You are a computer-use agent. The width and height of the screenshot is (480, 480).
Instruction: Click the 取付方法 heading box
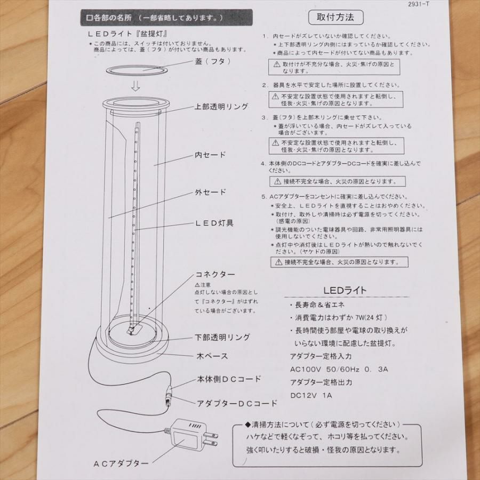click(x=336, y=17)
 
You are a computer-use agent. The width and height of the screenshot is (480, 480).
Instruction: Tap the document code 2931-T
click(x=419, y=4)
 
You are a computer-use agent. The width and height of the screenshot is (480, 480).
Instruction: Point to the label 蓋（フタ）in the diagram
click(x=213, y=61)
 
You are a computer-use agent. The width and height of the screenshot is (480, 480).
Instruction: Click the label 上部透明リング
click(x=221, y=107)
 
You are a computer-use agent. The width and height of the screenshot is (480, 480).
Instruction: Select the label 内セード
click(x=210, y=155)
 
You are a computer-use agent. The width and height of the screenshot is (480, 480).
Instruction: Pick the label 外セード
click(x=210, y=192)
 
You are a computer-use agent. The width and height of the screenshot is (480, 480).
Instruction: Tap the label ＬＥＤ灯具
click(x=214, y=223)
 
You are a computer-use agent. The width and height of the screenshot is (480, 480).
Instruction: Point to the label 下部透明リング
click(x=222, y=338)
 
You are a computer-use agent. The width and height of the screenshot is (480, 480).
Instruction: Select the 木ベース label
click(x=212, y=356)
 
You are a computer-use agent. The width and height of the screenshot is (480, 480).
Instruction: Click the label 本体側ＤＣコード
click(x=229, y=379)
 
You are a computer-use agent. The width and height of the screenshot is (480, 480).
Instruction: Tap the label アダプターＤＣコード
click(x=237, y=404)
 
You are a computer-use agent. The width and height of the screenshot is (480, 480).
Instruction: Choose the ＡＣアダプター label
click(x=121, y=463)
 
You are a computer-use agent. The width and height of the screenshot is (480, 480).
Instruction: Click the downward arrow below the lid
click(x=135, y=86)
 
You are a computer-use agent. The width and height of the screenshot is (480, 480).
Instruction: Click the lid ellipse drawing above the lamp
click(x=137, y=70)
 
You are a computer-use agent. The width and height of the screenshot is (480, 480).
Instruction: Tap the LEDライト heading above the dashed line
click(x=345, y=290)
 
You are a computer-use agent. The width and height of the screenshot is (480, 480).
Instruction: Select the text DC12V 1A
click(x=311, y=395)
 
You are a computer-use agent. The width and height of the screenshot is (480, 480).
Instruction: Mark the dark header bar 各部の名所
click(x=166, y=18)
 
